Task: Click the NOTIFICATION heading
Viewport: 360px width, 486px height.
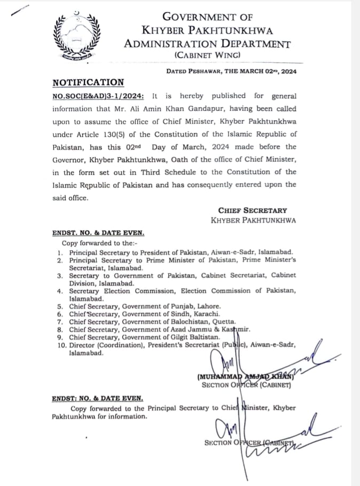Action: [x=88, y=82]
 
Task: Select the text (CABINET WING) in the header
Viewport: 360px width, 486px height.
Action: [x=207, y=55]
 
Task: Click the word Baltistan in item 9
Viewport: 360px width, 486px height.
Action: [x=201, y=337]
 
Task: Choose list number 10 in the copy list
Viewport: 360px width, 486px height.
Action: [x=60, y=345]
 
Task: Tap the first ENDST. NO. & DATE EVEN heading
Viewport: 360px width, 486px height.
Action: [x=98, y=233]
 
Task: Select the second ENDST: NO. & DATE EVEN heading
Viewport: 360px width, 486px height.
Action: [x=97, y=398]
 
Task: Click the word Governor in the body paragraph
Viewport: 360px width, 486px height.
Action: [x=69, y=159]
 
